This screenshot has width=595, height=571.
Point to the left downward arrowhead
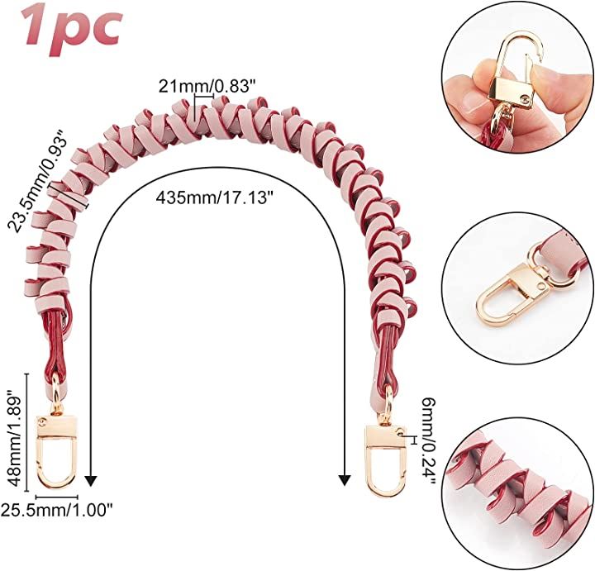click(90, 479)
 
